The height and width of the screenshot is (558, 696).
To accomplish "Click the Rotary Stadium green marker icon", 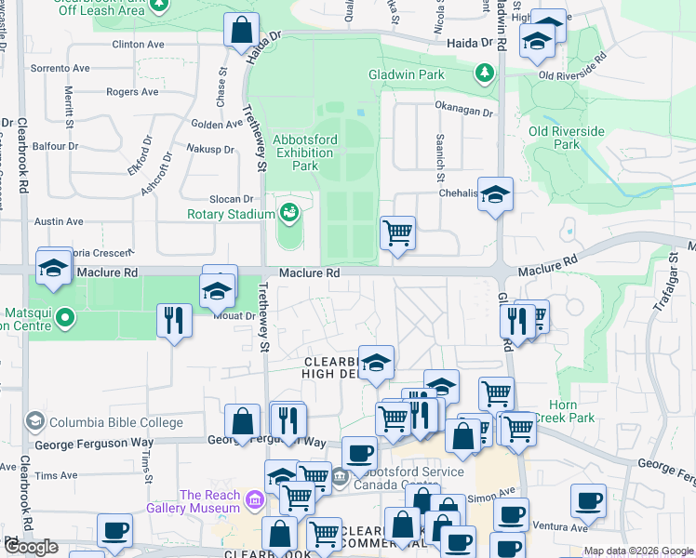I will coord(289,213).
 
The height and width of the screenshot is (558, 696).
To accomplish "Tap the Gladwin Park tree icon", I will coord(484,73).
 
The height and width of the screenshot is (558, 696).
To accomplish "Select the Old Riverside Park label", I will coord(566,138).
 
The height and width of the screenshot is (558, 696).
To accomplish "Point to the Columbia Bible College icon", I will coord(35,422).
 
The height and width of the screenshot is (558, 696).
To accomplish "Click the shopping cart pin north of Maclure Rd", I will coord(397,232).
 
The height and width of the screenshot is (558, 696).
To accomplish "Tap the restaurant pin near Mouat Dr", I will coord(174,320).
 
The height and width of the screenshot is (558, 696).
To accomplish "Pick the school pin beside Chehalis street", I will coord(496,194).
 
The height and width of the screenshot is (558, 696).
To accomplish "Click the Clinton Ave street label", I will coord(138,44).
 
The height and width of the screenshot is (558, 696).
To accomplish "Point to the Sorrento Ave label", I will coord(60,68).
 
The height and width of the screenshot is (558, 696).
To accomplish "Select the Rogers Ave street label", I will coord(132,92).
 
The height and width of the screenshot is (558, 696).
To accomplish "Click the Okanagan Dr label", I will coord(463,110).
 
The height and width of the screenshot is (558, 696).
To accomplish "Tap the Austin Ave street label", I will coord(60,221).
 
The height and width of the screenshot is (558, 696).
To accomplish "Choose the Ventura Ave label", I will coord(561,528).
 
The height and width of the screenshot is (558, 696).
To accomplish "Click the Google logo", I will coord(31,547).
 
